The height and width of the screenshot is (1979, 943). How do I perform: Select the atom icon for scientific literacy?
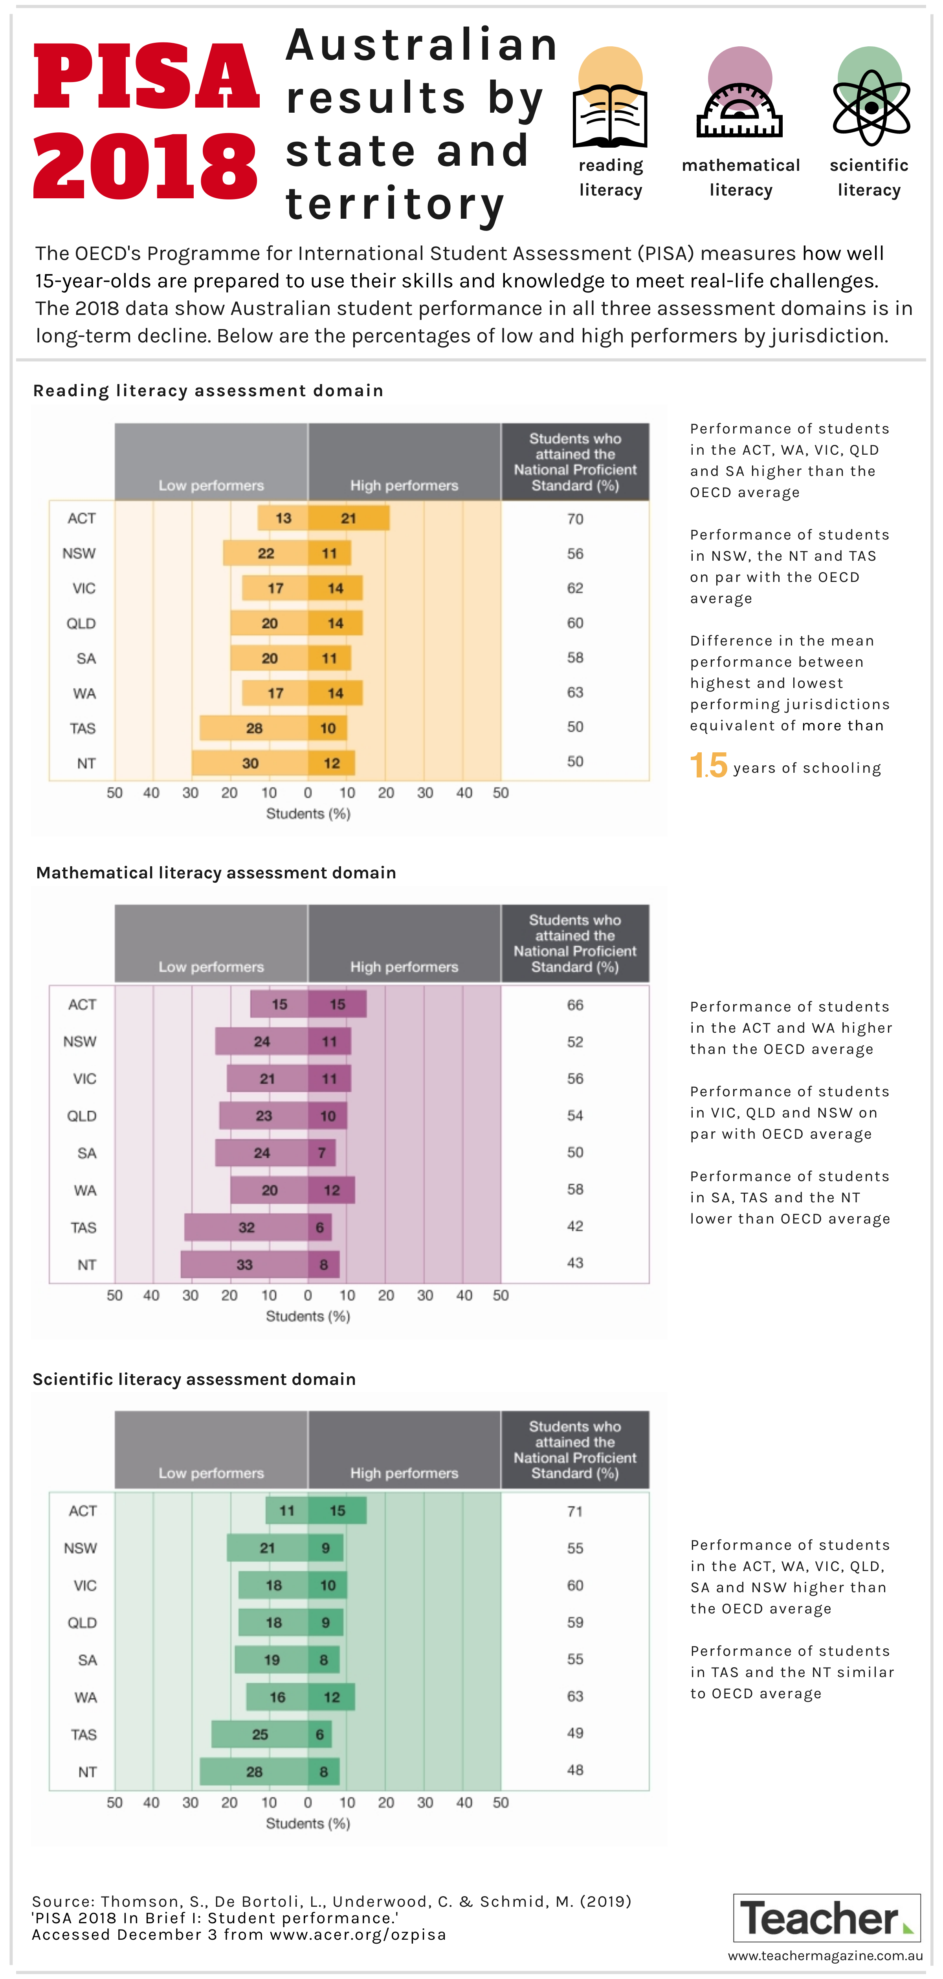871,108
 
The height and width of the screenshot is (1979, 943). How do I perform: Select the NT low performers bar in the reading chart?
250,763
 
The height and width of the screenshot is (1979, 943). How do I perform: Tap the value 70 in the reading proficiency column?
575,519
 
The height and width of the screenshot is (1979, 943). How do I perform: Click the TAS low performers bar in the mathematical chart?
246,1227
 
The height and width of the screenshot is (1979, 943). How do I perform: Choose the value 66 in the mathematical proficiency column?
575,1005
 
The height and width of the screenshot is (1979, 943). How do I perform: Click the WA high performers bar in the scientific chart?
331,1697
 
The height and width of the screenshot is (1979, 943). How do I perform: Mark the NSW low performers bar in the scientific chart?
268,1548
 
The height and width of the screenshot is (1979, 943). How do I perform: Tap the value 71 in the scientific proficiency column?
575,1511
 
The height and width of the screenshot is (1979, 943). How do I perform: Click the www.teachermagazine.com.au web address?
826,1955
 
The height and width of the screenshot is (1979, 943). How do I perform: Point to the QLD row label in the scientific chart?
82,1622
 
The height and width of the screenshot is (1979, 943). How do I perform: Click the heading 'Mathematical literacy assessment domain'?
216,873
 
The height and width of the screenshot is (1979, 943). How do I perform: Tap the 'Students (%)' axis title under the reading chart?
308,814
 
